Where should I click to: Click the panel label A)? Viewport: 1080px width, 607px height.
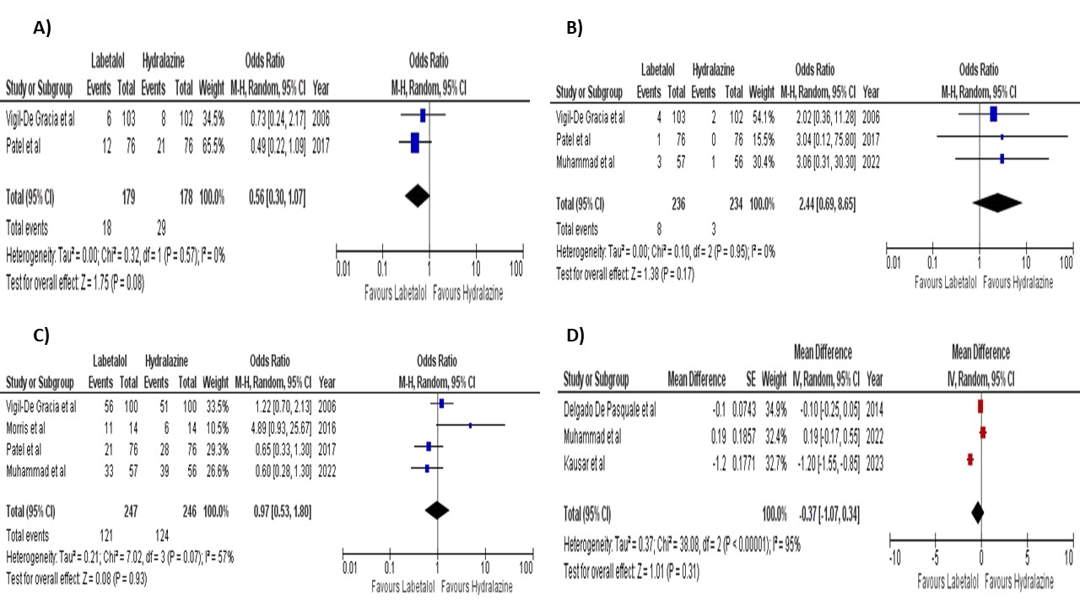[42, 28]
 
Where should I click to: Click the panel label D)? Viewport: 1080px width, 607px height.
[575, 336]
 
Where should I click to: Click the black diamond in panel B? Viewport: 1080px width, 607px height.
[996, 204]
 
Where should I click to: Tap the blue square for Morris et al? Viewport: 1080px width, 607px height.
[470, 426]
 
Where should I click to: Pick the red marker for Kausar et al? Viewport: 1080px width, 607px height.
[970, 459]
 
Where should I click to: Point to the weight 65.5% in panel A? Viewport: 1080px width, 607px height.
[211, 147]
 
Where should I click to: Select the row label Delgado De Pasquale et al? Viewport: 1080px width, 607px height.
[609, 410]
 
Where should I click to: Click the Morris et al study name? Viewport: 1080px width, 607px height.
[31, 426]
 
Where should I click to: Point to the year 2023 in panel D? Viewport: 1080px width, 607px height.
[874, 463]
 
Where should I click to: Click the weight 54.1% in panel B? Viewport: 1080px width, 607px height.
[762, 116]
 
